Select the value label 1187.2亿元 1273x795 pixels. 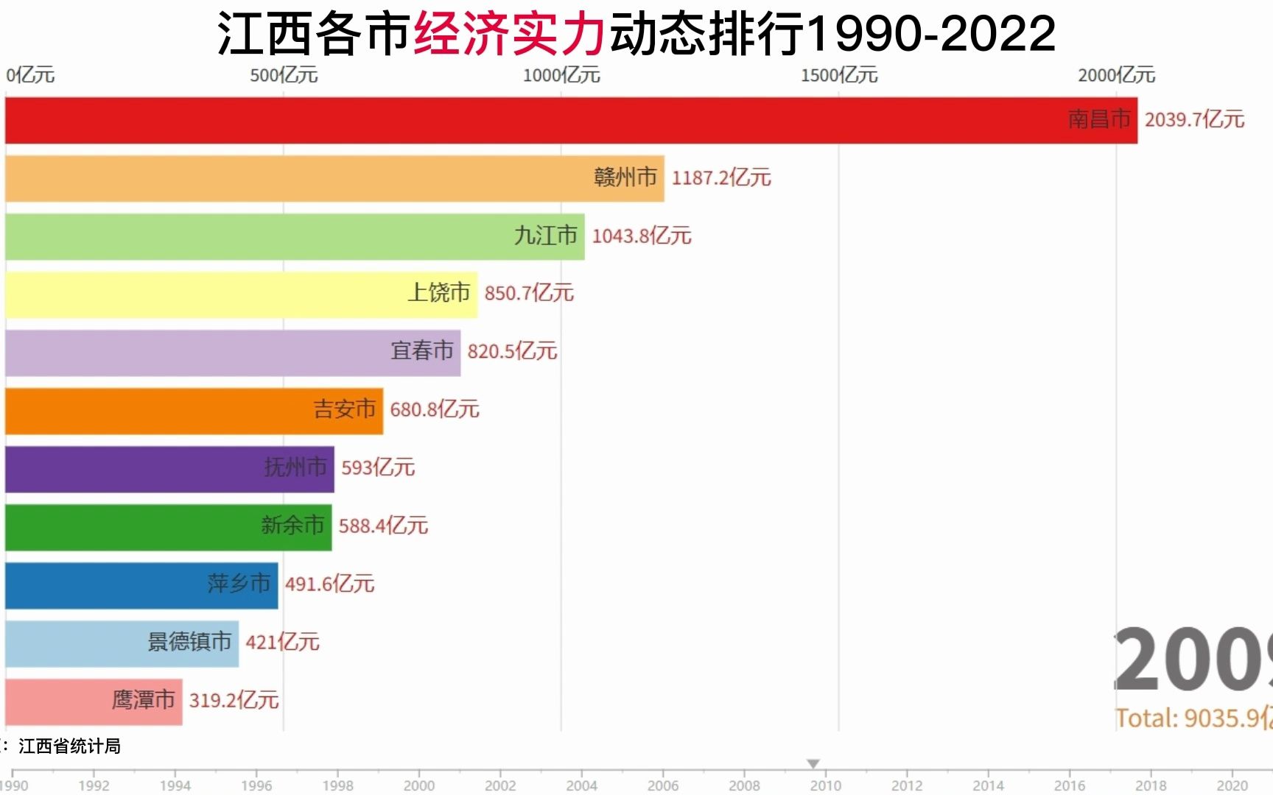tap(720, 178)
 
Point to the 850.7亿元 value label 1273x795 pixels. tap(528, 294)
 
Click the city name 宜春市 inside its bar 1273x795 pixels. tap(421, 351)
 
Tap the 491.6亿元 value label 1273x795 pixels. tap(329, 584)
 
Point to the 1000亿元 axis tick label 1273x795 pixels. tap(561, 76)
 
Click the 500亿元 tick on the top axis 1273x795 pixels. tap(284, 76)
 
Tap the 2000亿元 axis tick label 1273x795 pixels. tap(1116, 76)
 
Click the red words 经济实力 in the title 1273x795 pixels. tap(509, 35)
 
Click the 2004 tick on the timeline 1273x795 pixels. tap(581, 785)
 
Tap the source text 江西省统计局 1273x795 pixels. tap(69, 746)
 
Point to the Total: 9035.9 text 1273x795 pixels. tap(1193, 718)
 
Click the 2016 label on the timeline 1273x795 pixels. tap(1069, 785)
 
